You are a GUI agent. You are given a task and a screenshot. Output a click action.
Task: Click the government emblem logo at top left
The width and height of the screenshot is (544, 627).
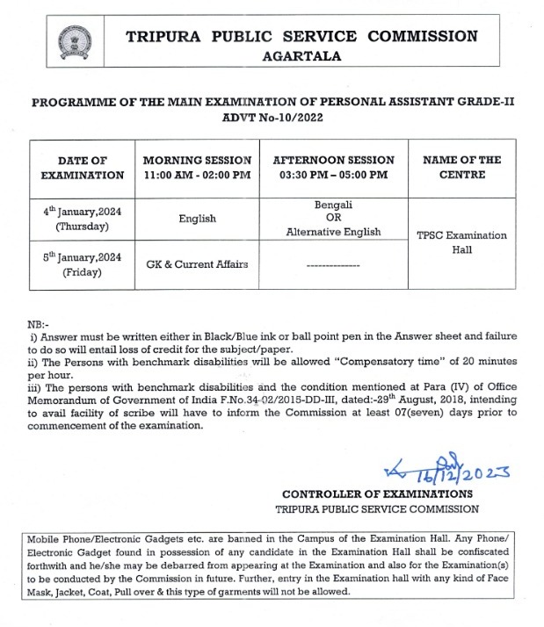tap(74, 42)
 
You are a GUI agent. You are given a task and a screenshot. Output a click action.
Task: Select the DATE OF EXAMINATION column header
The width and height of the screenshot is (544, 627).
tap(83, 168)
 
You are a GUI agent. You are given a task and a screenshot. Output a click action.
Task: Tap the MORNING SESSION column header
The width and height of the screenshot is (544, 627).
tap(197, 168)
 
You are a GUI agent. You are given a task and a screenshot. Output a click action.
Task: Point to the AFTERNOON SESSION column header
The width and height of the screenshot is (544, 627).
tap(334, 168)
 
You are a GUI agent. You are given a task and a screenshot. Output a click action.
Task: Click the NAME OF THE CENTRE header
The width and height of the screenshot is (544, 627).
tap(461, 168)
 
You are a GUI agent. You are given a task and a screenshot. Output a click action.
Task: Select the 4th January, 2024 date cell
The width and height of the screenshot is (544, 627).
tap(83, 219)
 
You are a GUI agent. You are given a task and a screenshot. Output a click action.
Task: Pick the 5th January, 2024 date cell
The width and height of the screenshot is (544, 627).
tap(83, 265)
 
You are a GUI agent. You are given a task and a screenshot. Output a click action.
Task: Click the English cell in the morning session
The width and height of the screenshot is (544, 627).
tap(197, 219)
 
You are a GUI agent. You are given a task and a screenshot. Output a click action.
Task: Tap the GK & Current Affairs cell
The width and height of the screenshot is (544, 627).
tap(197, 264)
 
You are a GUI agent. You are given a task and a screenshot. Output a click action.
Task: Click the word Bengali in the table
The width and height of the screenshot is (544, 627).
tap(334, 205)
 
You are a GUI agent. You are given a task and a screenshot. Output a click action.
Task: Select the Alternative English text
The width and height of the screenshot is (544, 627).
tap(334, 232)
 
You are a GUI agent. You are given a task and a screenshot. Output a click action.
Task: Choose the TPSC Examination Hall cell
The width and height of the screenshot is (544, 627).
tap(461, 242)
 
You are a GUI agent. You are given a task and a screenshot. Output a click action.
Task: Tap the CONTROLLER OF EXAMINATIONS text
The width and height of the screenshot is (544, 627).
tap(377, 494)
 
